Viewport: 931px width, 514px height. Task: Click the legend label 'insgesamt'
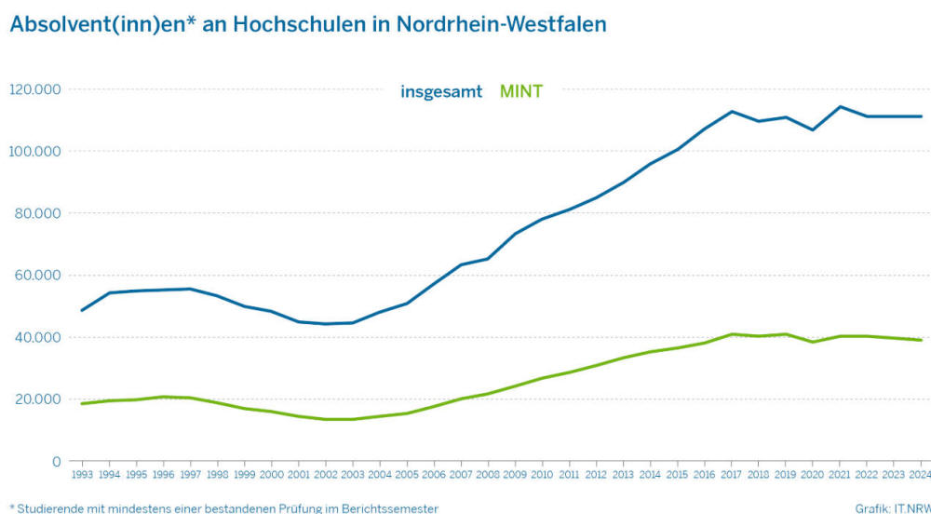441,91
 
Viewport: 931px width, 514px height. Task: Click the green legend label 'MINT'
521,91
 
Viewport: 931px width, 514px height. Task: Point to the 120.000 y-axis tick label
35,89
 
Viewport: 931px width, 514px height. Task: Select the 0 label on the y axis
57,462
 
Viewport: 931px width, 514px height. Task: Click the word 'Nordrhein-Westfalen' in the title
502,24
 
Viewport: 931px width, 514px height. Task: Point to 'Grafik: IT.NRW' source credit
892,508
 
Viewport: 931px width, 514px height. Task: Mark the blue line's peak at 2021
840,106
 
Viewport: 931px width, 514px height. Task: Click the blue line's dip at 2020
813,129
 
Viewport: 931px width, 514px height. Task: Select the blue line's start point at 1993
82,310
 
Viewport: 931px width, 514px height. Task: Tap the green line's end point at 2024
921,340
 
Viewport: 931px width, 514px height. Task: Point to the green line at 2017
732,334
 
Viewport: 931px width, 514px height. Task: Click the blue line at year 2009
515,234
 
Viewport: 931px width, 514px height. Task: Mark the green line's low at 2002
326,419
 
